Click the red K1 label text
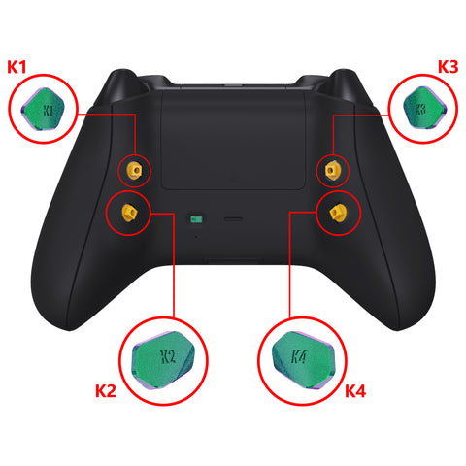coord(17,67)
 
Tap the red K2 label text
coord(106,390)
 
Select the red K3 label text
coord(449,67)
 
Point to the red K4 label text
coord(355,391)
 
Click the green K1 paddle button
coord(43,109)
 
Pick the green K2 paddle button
coord(163,360)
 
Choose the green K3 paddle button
coord(425,108)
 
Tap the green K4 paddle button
coord(303,359)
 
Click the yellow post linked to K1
coord(135,170)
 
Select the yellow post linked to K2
coord(129,213)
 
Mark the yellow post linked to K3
coord(332,170)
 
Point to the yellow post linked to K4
coord(338,213)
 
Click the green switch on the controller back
coord(196,219)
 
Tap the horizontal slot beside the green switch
coord(233,219)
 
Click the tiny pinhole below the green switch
coord(196,237)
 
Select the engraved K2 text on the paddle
coord(168,356)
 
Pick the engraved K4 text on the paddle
coord(298,356)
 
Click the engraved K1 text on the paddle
coord(48,111)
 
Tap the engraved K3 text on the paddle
coord(420,109)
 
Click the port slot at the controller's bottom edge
coord(235,260)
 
